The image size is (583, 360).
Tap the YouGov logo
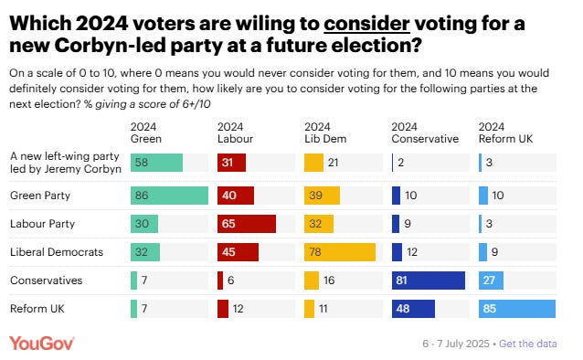point(42,343)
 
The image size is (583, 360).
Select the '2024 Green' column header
point(146,132)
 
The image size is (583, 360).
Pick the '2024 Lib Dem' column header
point(324,132)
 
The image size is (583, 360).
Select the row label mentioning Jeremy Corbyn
point(64,163)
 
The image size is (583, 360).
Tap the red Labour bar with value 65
point(246,223)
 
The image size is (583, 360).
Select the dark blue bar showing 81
point(428,280)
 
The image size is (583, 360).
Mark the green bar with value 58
point(156,163)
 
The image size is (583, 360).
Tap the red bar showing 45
point(238,250)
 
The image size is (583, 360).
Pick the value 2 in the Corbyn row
point(401,163)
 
